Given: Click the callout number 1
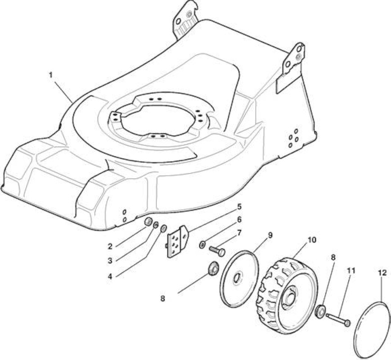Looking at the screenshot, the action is pyautogui.click(x=51, y=75).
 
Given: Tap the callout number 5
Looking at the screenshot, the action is pyautogui.click(x=239, y=207).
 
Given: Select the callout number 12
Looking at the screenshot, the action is pyautogui.click(x=382, y=273).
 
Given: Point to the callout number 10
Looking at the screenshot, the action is pyautogui.click(x=312, y=240).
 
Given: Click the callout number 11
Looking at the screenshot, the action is pyautogui.click(x=351, y=271).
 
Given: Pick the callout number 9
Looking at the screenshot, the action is pyautogui.click(x=270, y=235).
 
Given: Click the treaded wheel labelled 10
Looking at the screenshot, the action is pyautogui.click(x=287, y=296).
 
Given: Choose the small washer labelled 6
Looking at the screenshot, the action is pyautogui.click(x=202, y=245).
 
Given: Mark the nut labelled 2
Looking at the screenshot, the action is pyautogui.click(x=149, y=221).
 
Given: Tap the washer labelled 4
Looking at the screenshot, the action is pyautogui.click(x=164, y=228).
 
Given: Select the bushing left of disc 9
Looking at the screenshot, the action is pyautogui.click(x=213, y=269).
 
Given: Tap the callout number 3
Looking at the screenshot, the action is pyautogui.click(x=110, y=261).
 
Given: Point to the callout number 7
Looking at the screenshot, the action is pyautogui.click(x=239, y=233).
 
